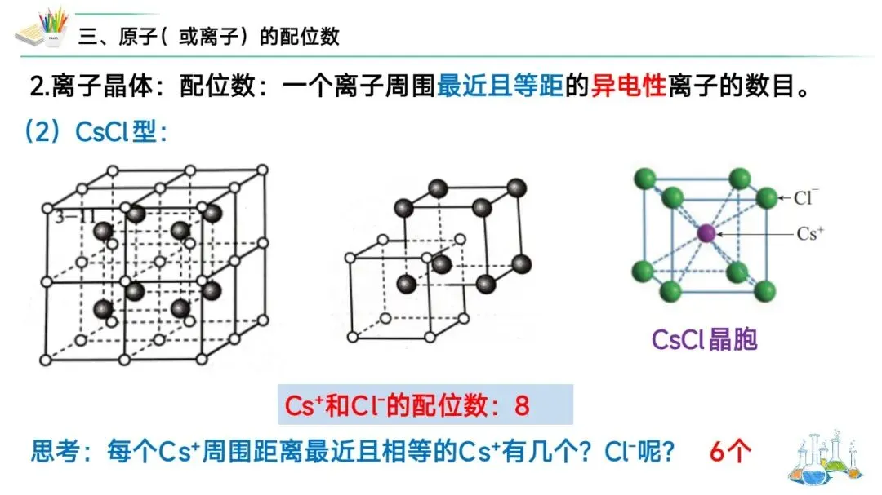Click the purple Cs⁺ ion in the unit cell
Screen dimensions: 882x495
coord(706,233)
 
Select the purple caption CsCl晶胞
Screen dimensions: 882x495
coord(704,338)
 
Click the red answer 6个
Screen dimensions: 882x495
coord(728,451)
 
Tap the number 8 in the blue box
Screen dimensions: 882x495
coord(523,405)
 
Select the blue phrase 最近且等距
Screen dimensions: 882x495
coord(501,86)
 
